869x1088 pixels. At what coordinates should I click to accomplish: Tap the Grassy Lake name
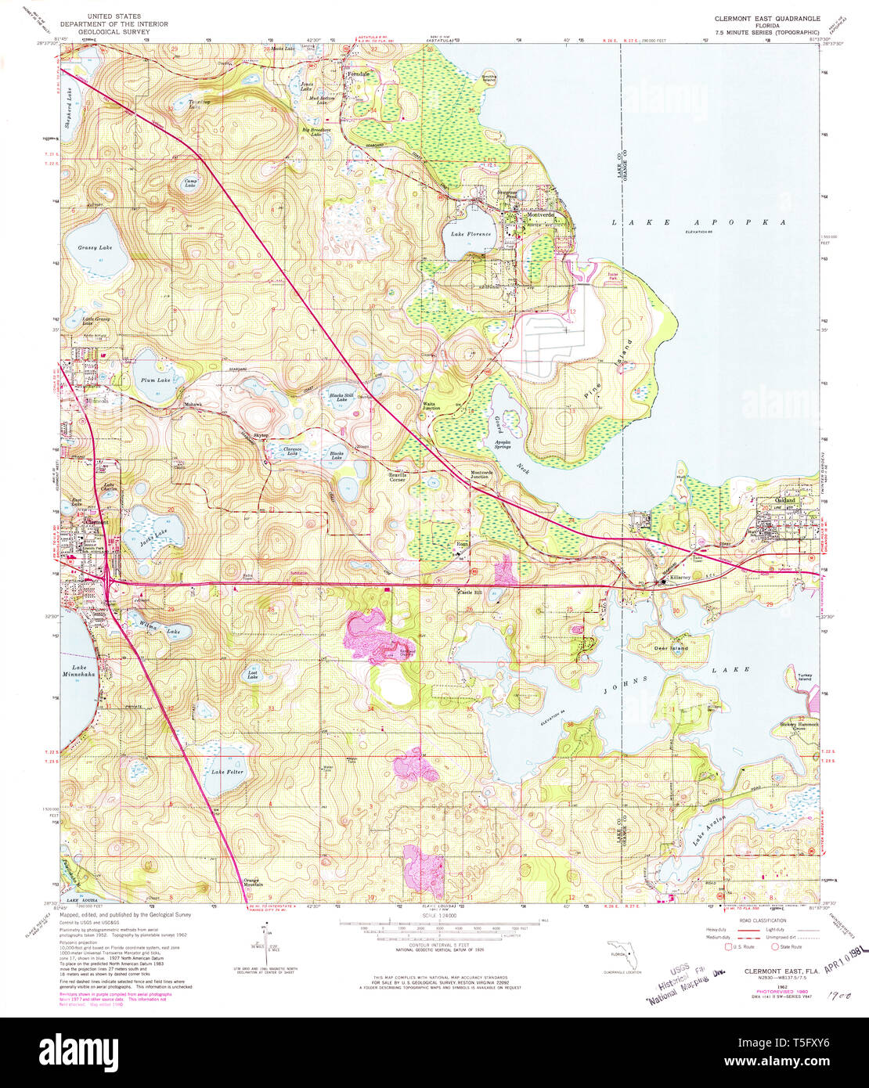point(95,247)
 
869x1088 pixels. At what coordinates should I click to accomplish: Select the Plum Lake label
point(155,380)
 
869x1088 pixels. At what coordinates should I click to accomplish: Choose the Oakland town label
point(784,499)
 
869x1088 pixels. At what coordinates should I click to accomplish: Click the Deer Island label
point(671,648)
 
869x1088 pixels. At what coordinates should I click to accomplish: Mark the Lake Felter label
point(228,772)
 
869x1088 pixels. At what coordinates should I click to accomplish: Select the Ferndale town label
point(358,74)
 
